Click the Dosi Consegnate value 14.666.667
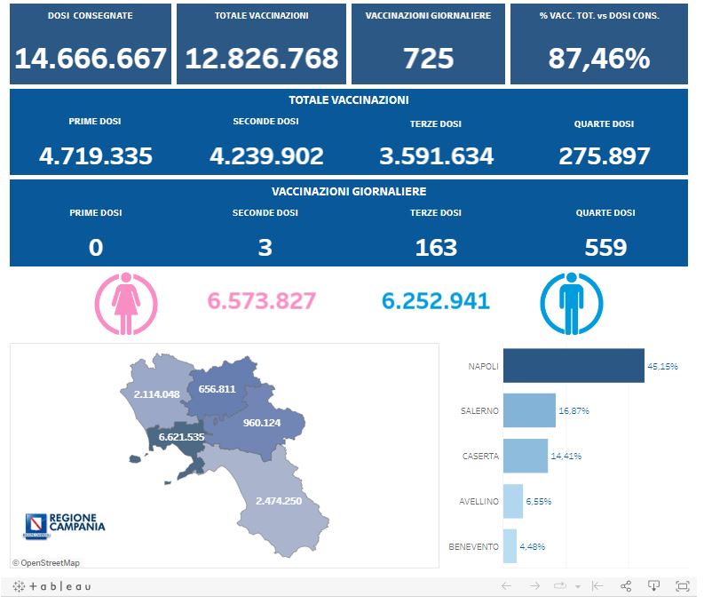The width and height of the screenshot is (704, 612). pos(91,59)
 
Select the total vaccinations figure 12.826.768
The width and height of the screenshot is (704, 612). pos(261,59)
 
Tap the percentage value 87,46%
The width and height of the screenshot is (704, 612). pos(598,59)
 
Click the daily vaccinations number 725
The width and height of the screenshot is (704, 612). pos(428,59)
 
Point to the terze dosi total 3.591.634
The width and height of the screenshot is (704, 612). pos(436,156)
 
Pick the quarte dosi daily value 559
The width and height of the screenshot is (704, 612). pos(605,247)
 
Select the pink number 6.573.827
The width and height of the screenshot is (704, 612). pos(261,301)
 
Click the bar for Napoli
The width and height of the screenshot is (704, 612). pos(573,366)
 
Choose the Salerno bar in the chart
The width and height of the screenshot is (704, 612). pos(528,411)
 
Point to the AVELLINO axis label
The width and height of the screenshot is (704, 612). pos(479,501)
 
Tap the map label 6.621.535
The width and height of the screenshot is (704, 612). pos(181,437)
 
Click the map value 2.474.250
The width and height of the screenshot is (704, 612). pos(278,501)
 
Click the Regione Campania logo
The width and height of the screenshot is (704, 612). pos(64,525)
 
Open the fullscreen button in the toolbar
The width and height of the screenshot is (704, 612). pos(682,585)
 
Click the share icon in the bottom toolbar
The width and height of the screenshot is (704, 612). pos(625,585)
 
